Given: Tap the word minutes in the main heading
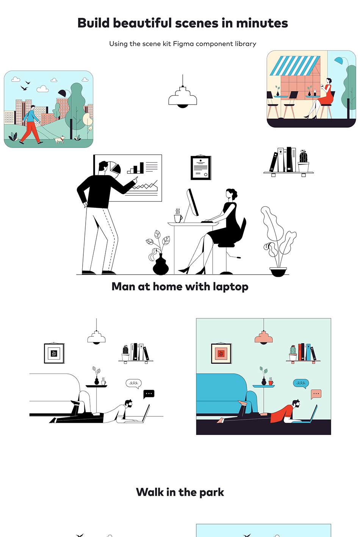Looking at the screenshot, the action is [x=262, y=23].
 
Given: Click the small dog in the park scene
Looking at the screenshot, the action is [x=59, y=139].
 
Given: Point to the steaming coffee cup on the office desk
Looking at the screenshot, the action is [x=178, y=216].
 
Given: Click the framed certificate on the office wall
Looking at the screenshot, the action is [x=201, y=168].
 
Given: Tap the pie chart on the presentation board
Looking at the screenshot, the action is [x=115, y=168].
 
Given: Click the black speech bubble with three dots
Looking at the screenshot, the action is [x=149, y=394].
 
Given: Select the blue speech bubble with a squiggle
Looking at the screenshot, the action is [x=301, y=383].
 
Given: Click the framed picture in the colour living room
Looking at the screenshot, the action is [x=221, y=353].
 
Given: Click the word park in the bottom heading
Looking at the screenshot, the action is [x=212, y=493].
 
